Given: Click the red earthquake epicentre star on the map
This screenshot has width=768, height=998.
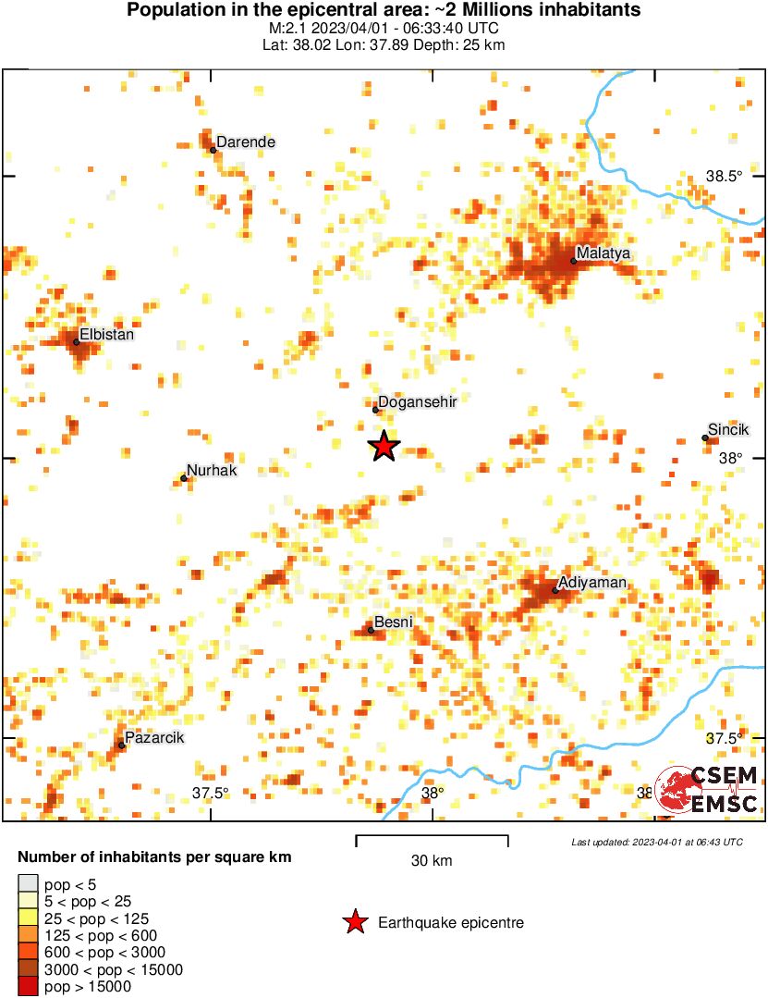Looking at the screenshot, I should pyautogui.click(x=384, y=447).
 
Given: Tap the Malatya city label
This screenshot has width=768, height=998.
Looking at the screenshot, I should pyautogui.click(x=602, y=253).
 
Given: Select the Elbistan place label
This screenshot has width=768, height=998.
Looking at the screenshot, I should pyautogui.click(x=106, y=334).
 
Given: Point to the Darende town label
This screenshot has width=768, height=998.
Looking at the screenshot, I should pyautogui.click(x=246, y=142).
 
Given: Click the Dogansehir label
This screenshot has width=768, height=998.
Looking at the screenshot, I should pyautogui.click(x=419, y=401).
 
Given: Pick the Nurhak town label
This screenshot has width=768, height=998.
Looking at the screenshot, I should pyautogui.click(x=212, y=470).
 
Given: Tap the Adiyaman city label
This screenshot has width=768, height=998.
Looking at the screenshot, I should pyautogui.click(x=593, y=582).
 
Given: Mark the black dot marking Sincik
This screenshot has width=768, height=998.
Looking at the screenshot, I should pyautogui.click(x=705, y=438).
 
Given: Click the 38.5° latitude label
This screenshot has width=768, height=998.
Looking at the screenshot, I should pyautogui.click(x=725, y=176).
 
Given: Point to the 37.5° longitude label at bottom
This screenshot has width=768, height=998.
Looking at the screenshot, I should pyautogui.click(x=211, y=793).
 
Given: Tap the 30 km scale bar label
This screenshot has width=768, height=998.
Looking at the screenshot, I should pyautogui.click(x=432, y=861).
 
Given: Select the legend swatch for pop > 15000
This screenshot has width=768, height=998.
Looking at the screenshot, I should pyautogui.click(x=29, y=986).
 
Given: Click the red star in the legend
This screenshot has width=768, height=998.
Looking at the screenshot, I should pyautogui.click(x=354, y=922).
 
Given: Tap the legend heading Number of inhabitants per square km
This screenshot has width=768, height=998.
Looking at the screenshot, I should pyautogui.click(x=154, y=857).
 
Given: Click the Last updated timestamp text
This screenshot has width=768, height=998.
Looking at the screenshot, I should pyautogui.click(x=656, y=842).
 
